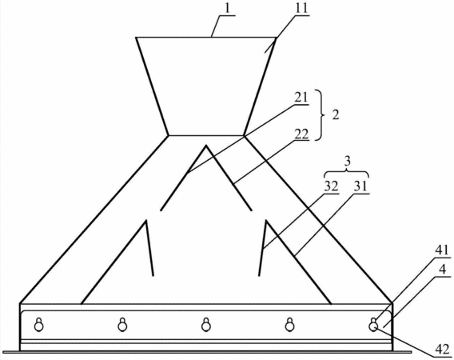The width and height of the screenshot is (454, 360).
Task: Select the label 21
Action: click(x=301, y=98)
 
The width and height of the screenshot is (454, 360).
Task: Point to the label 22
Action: click(x=301, y=134)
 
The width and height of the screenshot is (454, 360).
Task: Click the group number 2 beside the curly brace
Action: click(x=335, y=115)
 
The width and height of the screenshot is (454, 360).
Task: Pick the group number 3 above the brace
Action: click(x=348, y=161)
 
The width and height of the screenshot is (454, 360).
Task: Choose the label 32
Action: click(x=331, y=187)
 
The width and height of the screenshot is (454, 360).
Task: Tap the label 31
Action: click(x=360, y=187)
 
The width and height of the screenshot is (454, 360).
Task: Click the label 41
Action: click(x=442, y=250)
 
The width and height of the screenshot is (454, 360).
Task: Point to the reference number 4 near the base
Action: click(x=442, y=270)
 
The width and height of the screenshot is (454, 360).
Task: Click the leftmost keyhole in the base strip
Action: click(x=39, y=325)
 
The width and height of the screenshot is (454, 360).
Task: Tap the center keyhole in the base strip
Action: click(x=206, y=325)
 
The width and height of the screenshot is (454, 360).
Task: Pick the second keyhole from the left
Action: click(x=122, y=325)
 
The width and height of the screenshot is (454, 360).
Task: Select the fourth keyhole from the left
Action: click(x=289, y=325)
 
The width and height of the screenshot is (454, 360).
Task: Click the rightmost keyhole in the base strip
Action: click(x=373, y=325)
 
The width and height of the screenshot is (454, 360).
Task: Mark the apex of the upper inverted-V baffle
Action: click(x=206, y=146)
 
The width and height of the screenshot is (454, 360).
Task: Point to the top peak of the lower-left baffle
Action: click(x=146, y=221)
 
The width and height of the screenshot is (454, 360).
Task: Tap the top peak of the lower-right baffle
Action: click(x=266, y=221)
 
